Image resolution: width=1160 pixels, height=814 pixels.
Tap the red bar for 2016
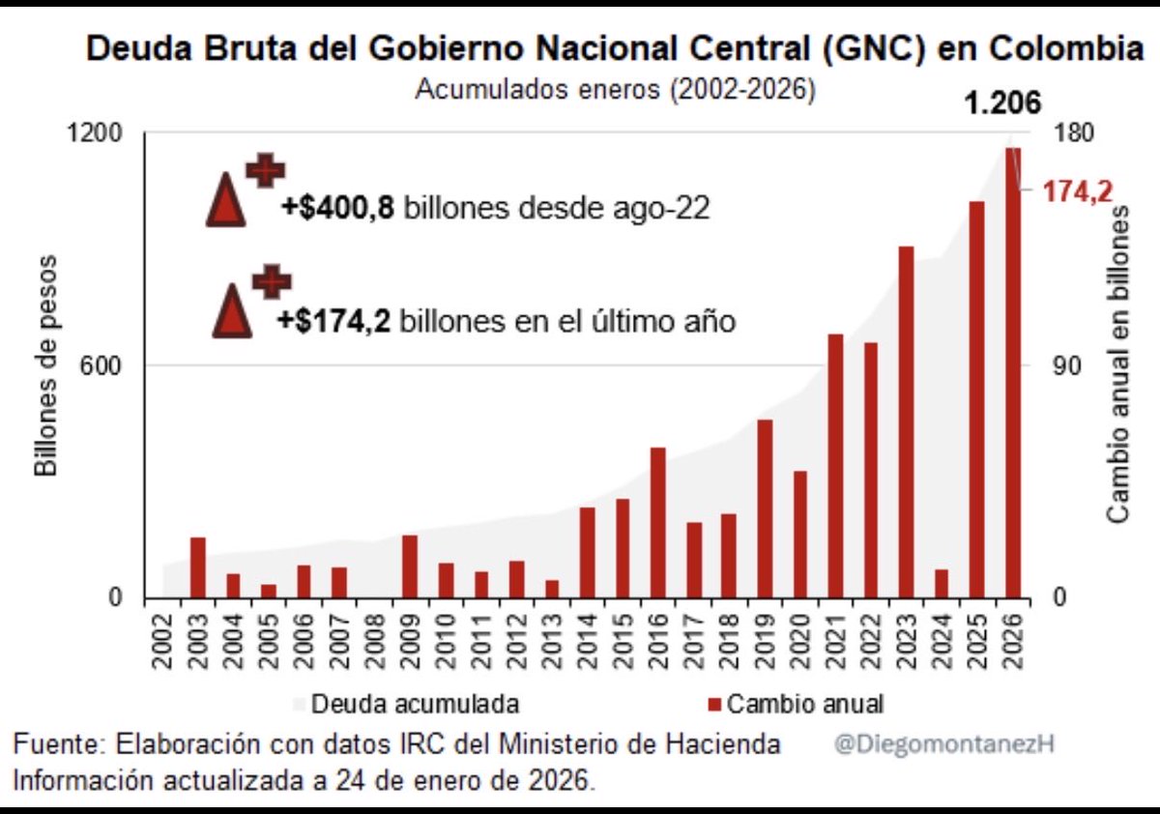(658, 522)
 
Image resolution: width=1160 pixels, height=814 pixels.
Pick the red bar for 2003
(198, 567)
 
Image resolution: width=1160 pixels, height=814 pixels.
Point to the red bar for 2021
(835, 465)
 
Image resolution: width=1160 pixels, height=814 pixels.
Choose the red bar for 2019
(765, 509)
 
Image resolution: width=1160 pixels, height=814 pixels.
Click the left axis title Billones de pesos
(48, 365)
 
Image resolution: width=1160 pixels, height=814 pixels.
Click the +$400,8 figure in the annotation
(337, 208)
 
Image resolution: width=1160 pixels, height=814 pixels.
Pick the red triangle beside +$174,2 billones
(232, 311)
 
